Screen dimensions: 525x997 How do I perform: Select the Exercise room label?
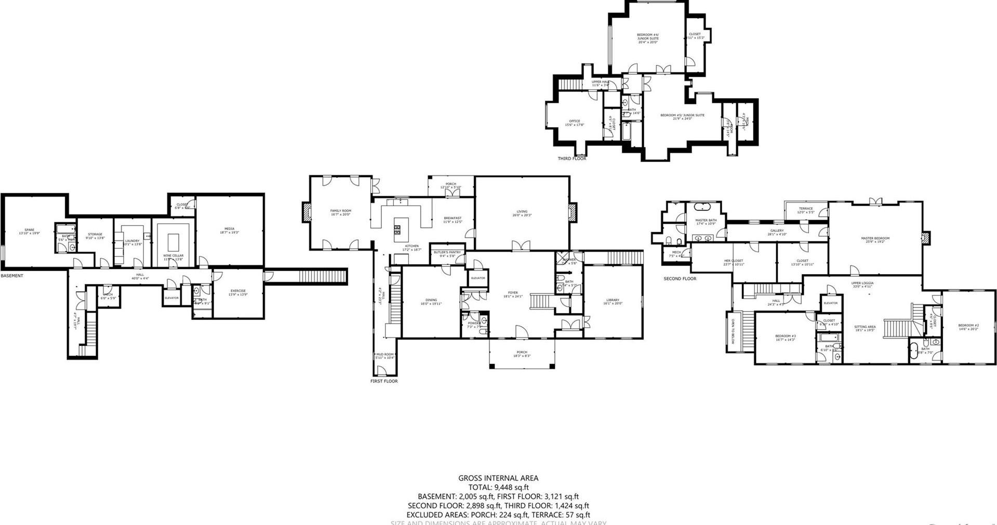238,292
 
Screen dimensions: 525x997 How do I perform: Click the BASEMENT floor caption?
12,276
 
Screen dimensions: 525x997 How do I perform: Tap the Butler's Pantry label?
447,253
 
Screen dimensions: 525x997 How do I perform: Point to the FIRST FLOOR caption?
384,381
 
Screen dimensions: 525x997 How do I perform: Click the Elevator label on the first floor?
477,278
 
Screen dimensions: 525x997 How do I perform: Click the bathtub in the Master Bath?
705,207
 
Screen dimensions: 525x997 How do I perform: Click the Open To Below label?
733,331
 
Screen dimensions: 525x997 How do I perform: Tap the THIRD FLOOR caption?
571,158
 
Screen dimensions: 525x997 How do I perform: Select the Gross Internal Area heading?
498,478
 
